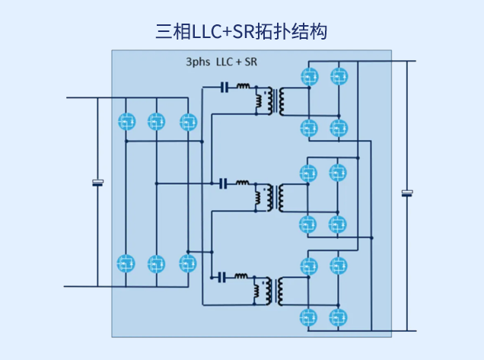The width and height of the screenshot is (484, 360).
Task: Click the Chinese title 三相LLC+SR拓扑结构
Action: click(x=242, y=31)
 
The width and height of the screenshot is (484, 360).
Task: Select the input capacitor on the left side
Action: click(x=97, y=183)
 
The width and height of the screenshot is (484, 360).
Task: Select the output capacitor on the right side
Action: click(x=407, y=193)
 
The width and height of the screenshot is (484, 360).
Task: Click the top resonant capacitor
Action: click(x=224, y=88)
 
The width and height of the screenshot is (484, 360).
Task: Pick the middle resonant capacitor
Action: click(x=224, y=183)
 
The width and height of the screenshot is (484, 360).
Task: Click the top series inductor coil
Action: click(x=244, y=87)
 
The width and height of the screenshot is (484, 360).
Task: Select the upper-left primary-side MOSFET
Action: click(x=126, y=121)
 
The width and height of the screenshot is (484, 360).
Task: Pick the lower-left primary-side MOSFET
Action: click(x=126, y=263)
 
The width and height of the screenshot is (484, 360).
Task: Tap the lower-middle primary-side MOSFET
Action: click(x=156, y=263)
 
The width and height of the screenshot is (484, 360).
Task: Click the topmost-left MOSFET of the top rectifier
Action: click(x=309, y=76)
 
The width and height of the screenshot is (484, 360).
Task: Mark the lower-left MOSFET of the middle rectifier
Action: click(x=309, y=223)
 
